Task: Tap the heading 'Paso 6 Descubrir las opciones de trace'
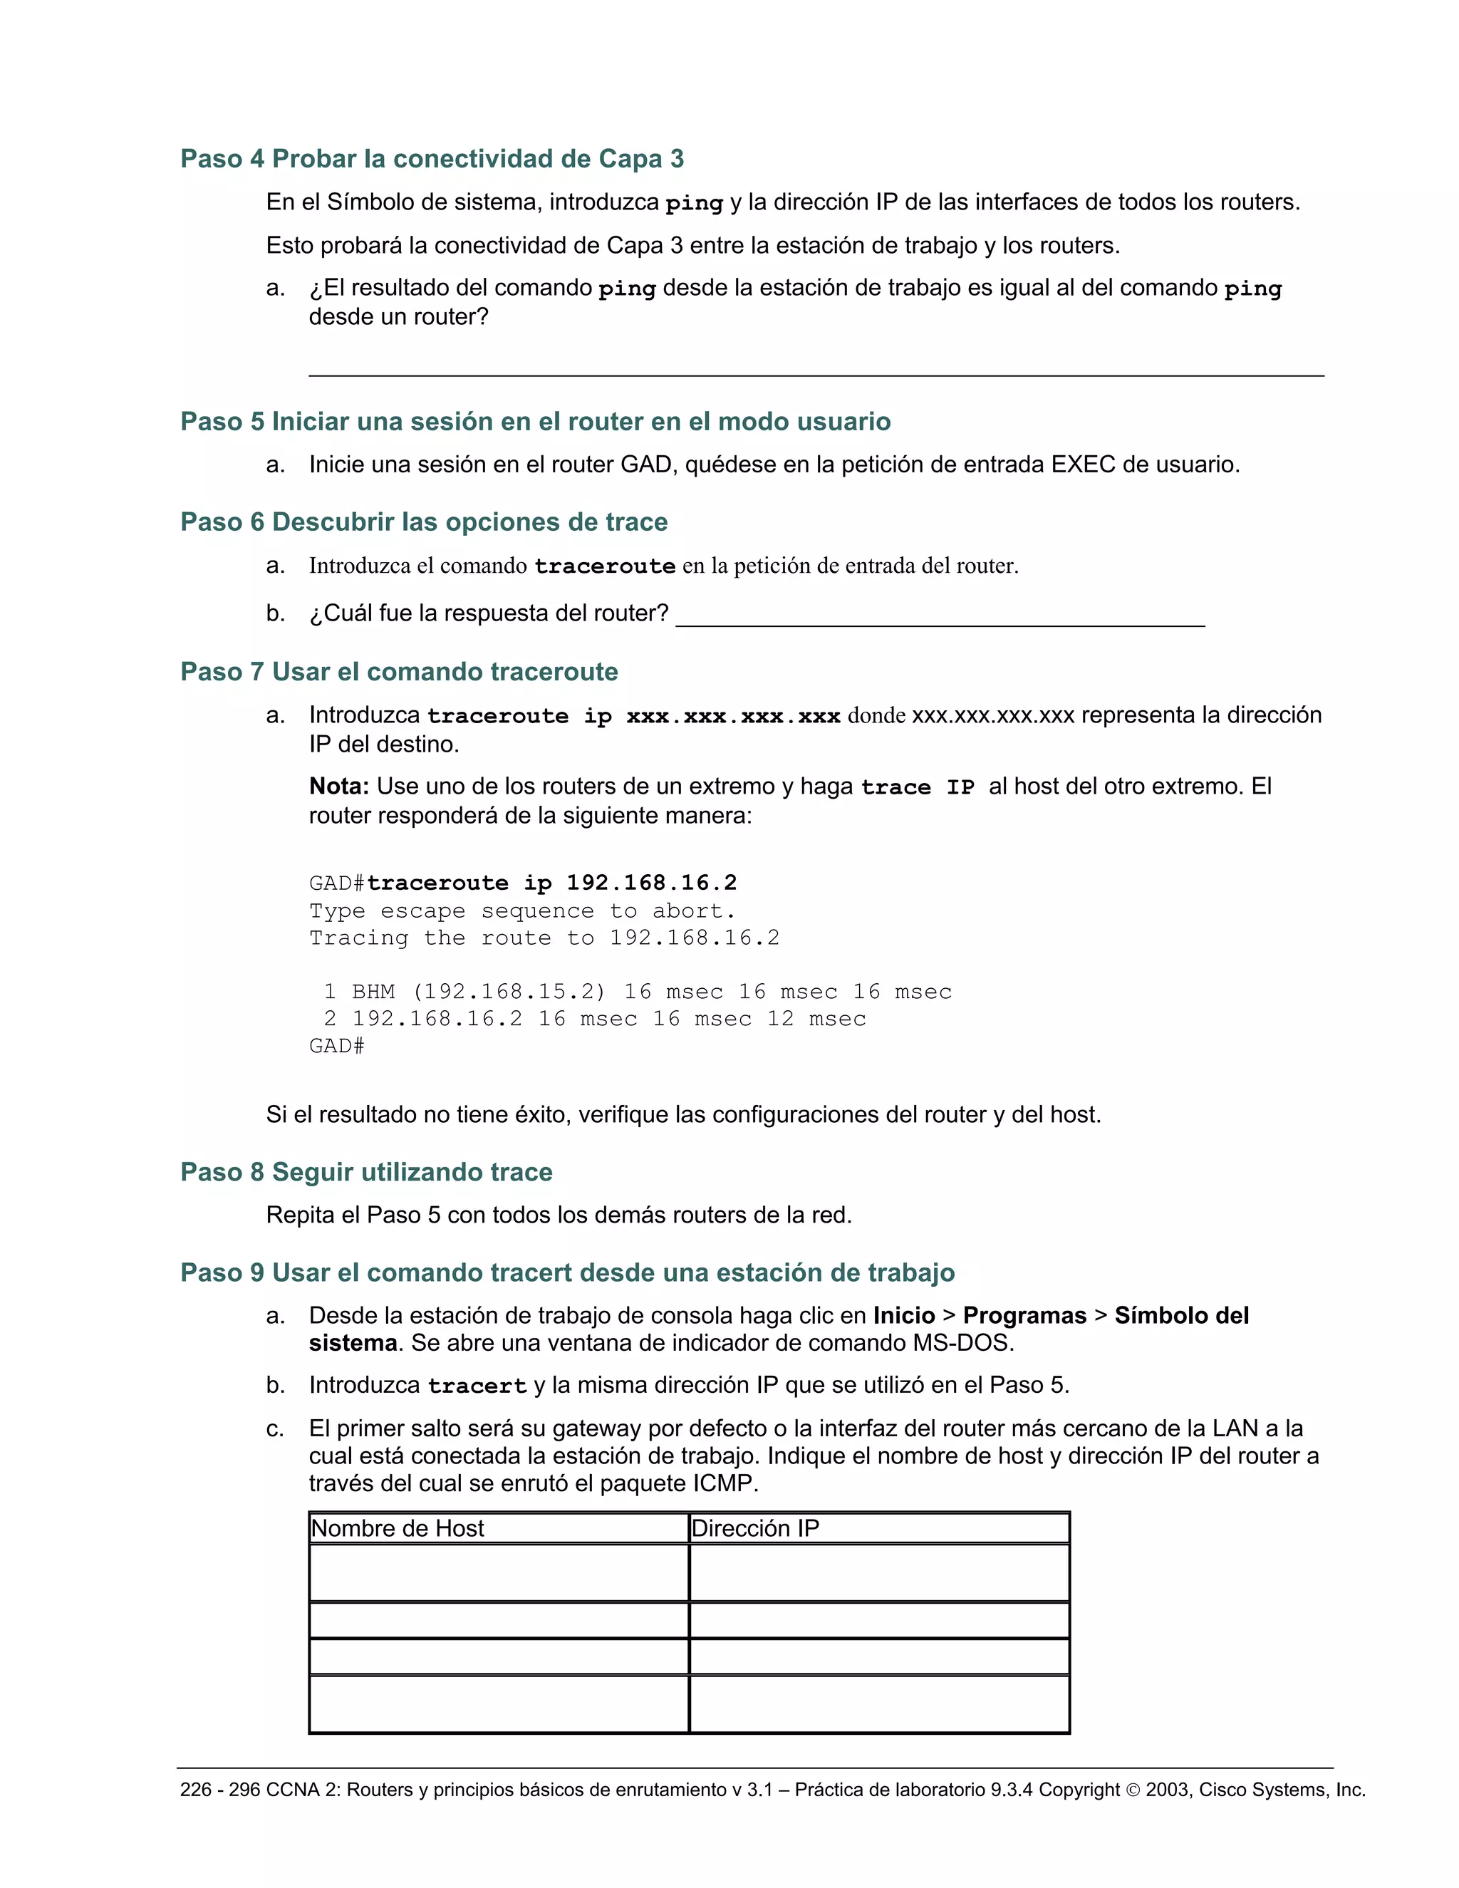click(424, 522)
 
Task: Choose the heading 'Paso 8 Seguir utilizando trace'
click(365, 1172)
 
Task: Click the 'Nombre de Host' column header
click(398, 1528)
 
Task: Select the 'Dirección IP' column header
click(754, 1528)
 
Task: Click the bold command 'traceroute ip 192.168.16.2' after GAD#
click(551, 883)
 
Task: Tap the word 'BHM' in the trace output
click(373, 992)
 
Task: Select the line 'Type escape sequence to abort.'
click(522, 911)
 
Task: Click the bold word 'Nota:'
click(339, 787)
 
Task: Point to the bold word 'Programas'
click(1024, 1316)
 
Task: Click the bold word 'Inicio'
click(903, 1316)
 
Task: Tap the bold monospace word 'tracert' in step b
click(477, 1386)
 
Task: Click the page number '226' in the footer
click(195, 1790)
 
